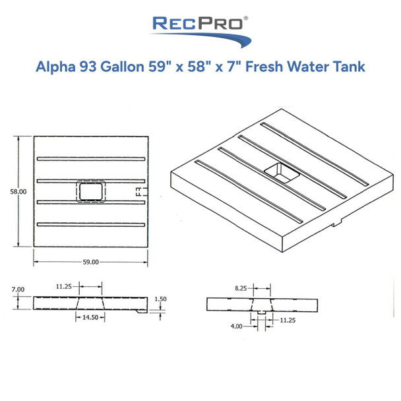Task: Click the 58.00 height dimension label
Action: pos(18,191)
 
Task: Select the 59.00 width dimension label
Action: pos(91,262)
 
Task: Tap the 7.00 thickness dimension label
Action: pos(18,289)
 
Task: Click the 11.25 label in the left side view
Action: pos(64,287)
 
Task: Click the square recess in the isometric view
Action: pos(282,173)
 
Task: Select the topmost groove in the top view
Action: pos(91,159)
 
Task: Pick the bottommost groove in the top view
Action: pos(91,225)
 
